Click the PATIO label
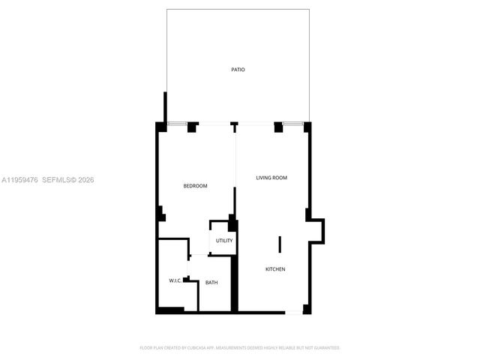(238, 70)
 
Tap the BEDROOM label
(196, 186)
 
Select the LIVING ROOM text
(271, 178)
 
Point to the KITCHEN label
(275, 269)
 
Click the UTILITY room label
(224, 241)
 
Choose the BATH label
(212, 283)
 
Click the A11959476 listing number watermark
(19, 180)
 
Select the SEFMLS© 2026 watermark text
(68, 180)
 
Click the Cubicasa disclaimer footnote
(240, 348)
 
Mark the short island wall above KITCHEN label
(280, 244)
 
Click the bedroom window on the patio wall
(176, 123)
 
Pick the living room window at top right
(293, 123)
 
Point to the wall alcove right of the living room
(317, 230)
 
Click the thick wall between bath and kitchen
(234, 283)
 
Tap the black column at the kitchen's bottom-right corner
(307, 309)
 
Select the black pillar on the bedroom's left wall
(160, 214)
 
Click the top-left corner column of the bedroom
(160, 127)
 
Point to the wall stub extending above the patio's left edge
(165, 107)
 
